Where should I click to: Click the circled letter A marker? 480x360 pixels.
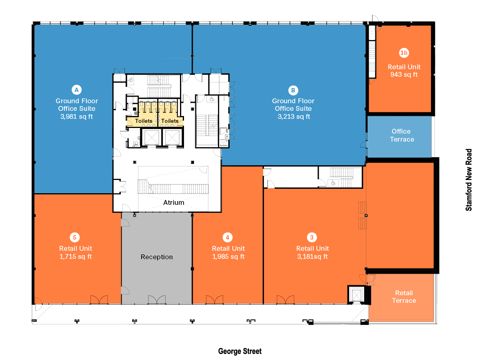[x=76, y=90]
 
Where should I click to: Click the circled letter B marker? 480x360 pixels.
[x=293, y=90]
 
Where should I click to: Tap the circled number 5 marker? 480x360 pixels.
[x=75, y=238]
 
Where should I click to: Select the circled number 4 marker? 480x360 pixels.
[x=228, y=238]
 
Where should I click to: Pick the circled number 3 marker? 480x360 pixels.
[x=312, y=238]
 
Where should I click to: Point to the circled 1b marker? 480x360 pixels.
[x=404, y=53]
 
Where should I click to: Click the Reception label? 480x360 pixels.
[x=157, y=257]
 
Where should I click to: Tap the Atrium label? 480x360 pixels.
[x=174, y=202]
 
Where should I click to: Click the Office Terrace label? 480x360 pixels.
[x=402, y=135]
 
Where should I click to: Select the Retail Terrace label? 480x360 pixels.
[x=404, y=297]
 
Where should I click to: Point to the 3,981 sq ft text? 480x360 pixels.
[x=76, y=116]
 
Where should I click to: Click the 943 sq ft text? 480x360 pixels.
[x=404, y=74]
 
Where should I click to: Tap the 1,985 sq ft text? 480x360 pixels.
[x=228, y=256]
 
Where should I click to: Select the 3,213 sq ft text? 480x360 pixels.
[x=294, y=116]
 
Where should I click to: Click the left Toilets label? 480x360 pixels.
[x=144, y=121]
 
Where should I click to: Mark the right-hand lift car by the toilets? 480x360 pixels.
[x=172, y=138]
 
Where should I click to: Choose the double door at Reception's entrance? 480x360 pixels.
[x=157, y=300]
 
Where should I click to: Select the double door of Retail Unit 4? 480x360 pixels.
[x=214, y=300]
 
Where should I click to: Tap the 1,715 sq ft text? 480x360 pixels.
[x=76, y=256]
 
